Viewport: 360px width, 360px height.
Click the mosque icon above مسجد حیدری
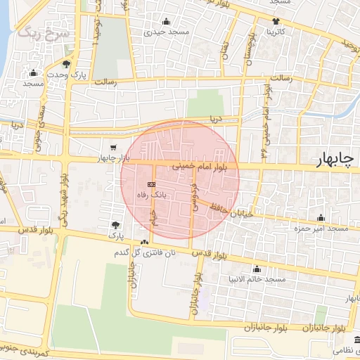pos(166,21)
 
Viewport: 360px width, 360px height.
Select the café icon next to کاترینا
pos(275,21)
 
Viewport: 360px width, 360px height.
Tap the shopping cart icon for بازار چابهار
pos(113,148)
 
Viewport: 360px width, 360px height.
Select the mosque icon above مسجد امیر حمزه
pos(321,217)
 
